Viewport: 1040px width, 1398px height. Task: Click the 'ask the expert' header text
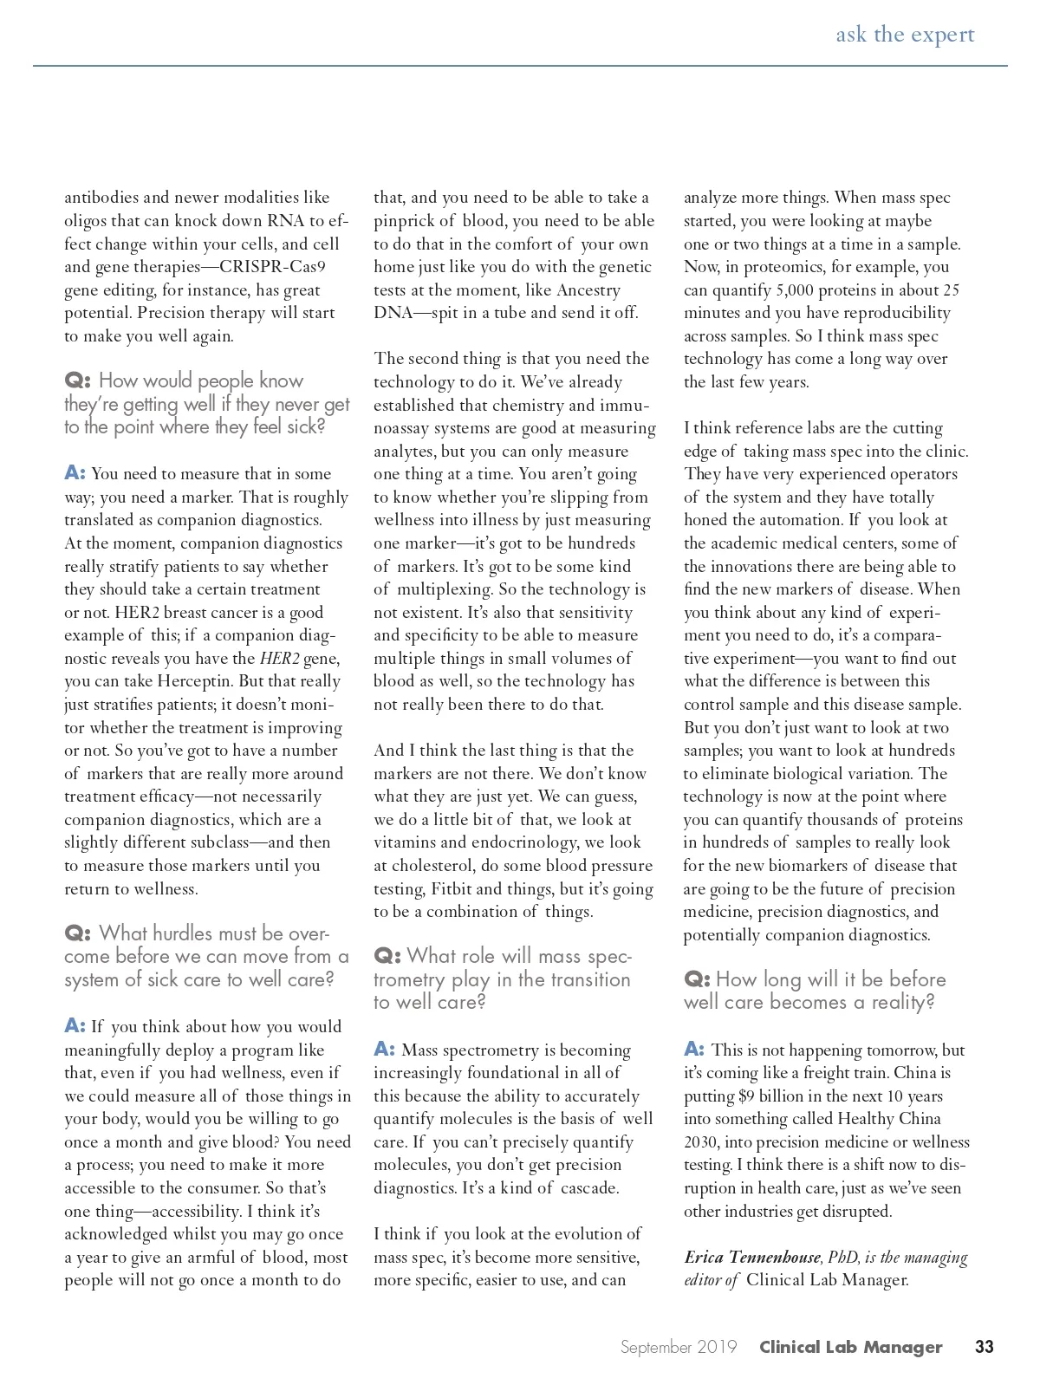click(x=905, y=35)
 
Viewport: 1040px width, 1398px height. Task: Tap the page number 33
click(x=984, y=1347)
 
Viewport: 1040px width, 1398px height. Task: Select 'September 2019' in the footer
click(x=679, y=1347)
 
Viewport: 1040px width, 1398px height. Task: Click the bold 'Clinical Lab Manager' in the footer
click(x=850, y=1347)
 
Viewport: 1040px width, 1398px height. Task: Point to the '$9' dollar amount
click(x=746, y=1096)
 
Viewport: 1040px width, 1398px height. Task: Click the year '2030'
click(x=702, y=1141)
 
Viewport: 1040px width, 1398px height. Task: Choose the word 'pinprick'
click(x=404, y=221)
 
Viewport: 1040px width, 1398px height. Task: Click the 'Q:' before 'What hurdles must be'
click(x=76, y=933)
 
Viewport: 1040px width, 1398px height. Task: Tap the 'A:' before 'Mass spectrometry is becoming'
click(x=385, y=1050)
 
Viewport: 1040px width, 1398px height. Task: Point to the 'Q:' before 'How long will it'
click(x=696, y=979)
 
